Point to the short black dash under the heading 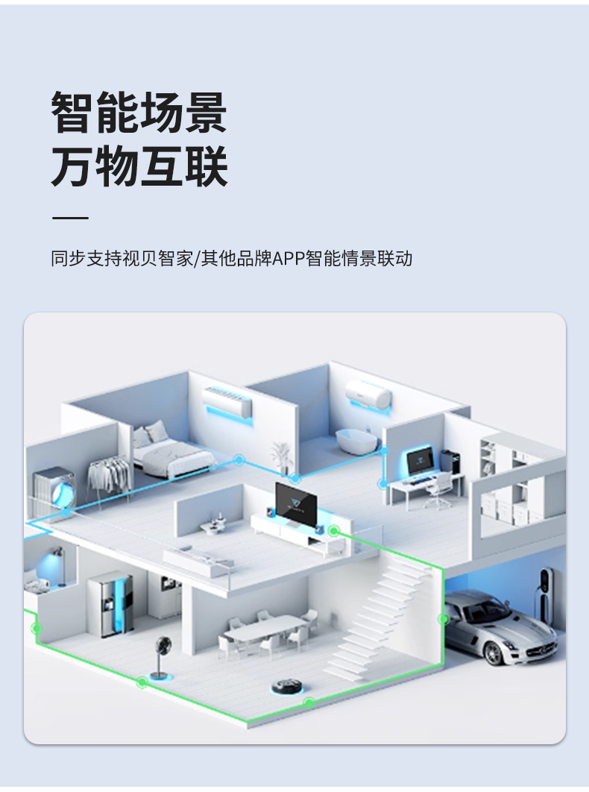(x=70, y=219)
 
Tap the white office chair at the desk (x=441, y=489)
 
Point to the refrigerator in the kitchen (x=111, y=604)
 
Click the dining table (x=264, y=631)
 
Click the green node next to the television (x=335, y=530)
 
